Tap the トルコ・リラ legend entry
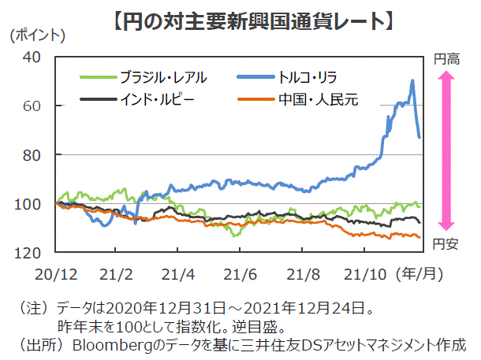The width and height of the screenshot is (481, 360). [x=308, y=77]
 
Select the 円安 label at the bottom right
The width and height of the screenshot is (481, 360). [x=446, y=245]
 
